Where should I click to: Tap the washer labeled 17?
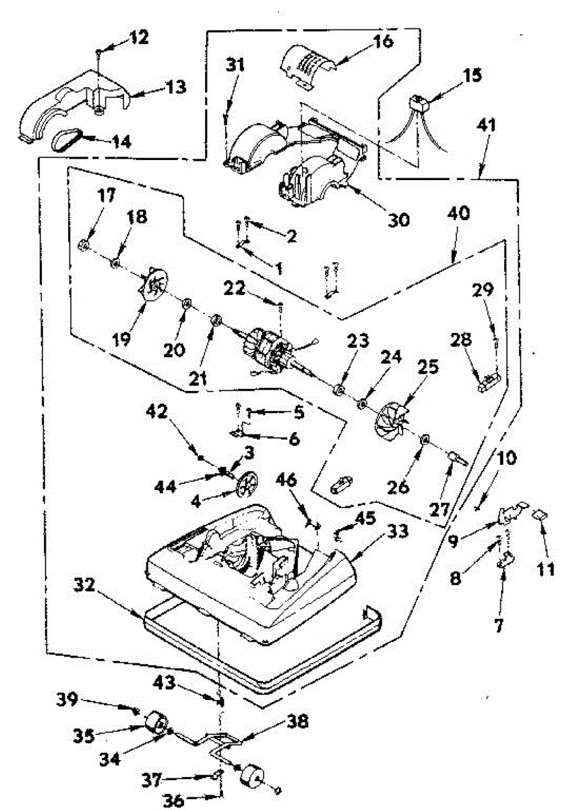tap(86, 244)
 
